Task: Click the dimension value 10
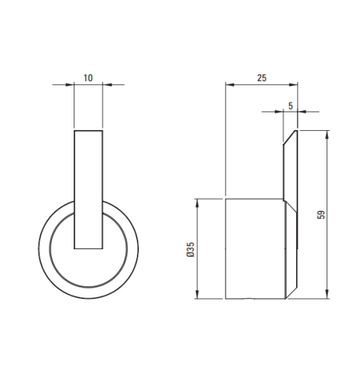tap(89, 78)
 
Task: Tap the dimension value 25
tap(262, 78)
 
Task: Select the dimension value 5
tap(291, 106)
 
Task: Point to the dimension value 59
tap(321, 215)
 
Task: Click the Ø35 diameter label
tap(190, 249)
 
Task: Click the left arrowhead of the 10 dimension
tap(70, 85)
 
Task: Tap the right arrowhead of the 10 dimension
tap(107, 85)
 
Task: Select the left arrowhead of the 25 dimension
tap(230, 85)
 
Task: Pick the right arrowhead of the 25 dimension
tap(293, 85)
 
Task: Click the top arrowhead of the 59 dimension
tap(327, 135)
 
